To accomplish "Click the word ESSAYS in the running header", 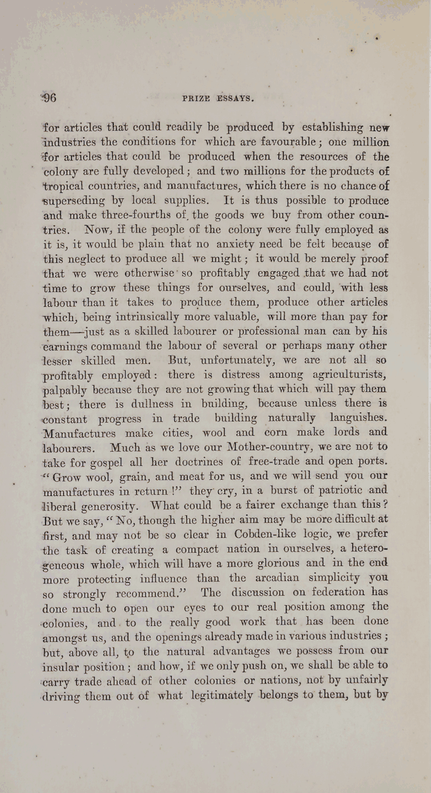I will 232,98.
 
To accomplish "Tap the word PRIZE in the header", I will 195,98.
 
